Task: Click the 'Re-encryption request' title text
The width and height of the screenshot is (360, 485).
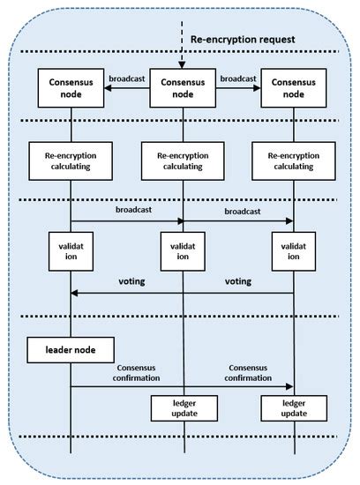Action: point(248,40)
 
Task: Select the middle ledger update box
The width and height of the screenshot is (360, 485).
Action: point(183,408)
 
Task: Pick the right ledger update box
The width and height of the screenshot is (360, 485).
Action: point(294,408)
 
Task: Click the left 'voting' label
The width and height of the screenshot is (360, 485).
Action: point(133,283)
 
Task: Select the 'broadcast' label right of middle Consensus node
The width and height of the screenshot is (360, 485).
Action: point(238,78)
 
